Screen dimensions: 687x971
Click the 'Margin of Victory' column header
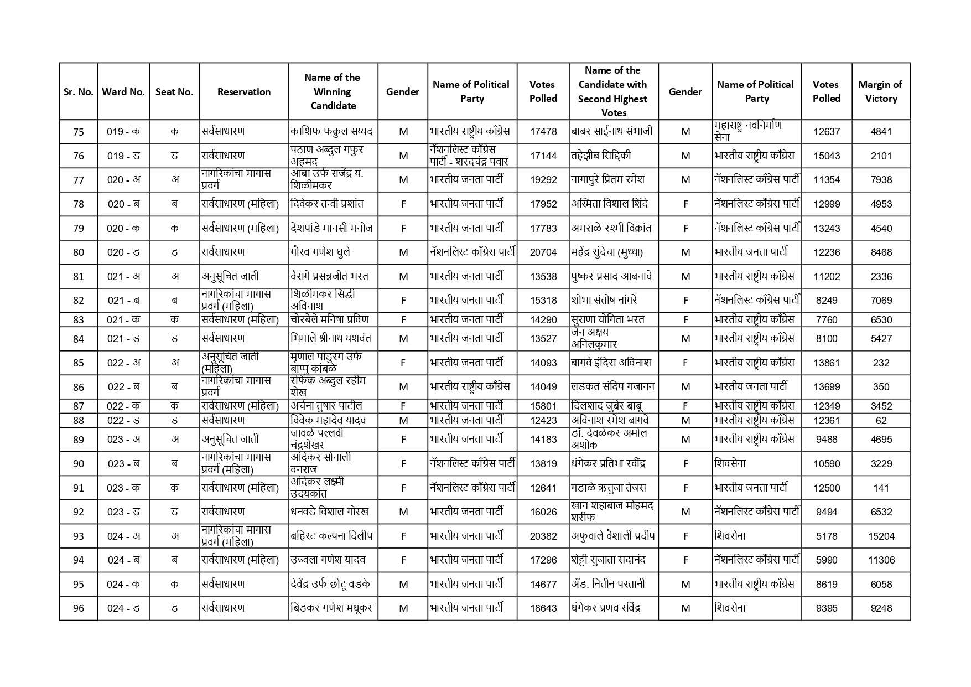click(x=880, y=91)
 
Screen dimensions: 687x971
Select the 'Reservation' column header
click(x=244, y=92)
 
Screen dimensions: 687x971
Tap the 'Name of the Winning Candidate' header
click(x=333, y=91)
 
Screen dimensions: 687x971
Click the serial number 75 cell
click(x=79, y=132)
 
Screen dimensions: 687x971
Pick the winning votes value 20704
click(x=543, y=252)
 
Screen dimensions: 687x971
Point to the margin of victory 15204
click(x=881, y=536)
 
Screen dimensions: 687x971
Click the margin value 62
click(x=881, y=421)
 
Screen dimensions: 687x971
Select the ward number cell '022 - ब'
click(x=123, y=387)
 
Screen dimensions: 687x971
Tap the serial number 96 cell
click(x=79, y=608)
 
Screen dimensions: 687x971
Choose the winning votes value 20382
click(x=543, y=536)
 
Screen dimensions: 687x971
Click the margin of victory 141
click(x=881, y=488)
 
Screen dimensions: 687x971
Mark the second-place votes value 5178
click(x=827, y=536)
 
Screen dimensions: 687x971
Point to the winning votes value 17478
click(x=543, y=132)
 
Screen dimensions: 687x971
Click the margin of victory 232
click(x=881, y=363)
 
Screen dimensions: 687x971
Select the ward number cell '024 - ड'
click(x=123, y=608)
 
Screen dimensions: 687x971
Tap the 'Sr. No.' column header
click(x=79, y=92)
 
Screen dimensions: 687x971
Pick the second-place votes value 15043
click(x=827, y=156)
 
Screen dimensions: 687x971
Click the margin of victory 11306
click(x=881, y=560)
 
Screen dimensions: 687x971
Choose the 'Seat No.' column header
click(x=174, y=92)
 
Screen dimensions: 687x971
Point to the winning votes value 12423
click(x=543, y=421)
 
